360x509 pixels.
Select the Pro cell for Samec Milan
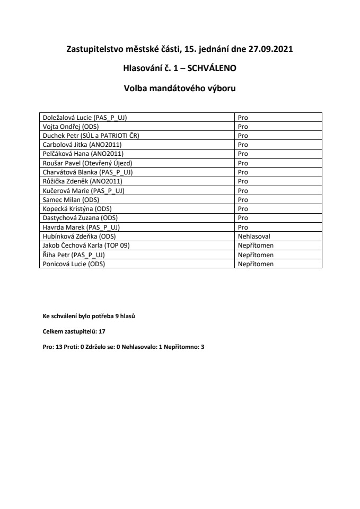(243, 199)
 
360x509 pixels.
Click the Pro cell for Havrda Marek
(243, 227)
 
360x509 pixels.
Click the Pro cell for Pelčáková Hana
(243, 154)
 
